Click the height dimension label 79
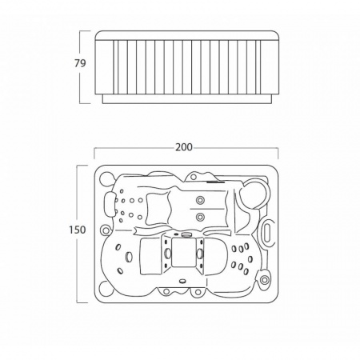click(x=80, y=63)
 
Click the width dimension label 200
click(x=183, y=147)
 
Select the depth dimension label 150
click(x=78, y=230)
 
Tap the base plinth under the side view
click(x=187, y=98)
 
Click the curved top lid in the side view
click(x=187, y=35)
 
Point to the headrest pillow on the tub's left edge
click(x=109, y=203)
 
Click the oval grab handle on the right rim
click(x=268, y=230)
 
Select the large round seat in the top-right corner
click(x=254, y=193)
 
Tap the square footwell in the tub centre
click(x=182, y=252)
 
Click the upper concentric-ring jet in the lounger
click(x=200, y=200)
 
